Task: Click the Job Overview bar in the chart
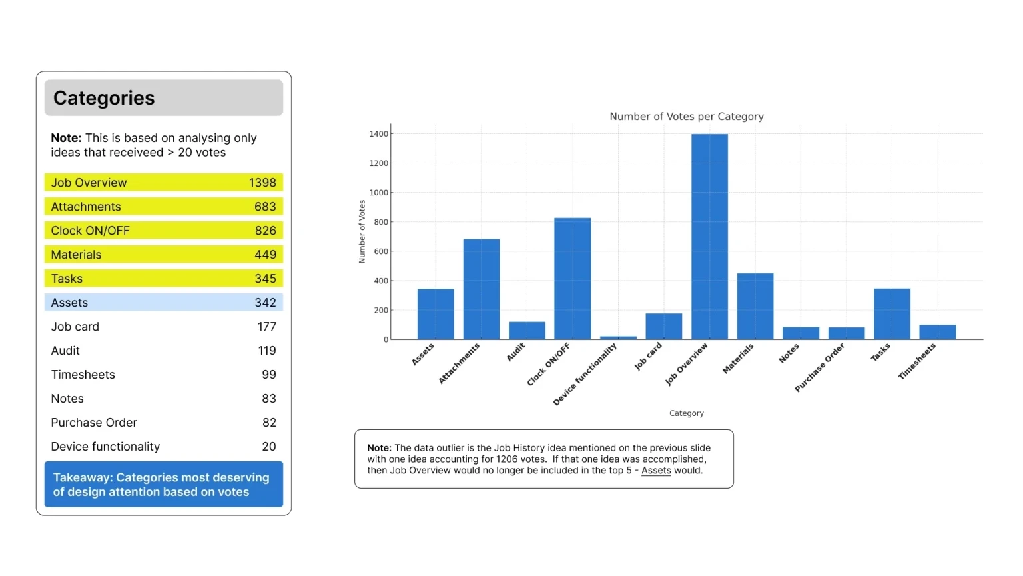(709, 237)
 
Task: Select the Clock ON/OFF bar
(572, 279)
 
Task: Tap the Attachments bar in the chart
(482, 289)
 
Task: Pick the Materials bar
(755, 306)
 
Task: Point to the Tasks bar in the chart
(892, 314)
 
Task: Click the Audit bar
(527, 331)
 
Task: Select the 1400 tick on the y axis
(378, 134)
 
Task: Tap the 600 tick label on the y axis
(380, 251)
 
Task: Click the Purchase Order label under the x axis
(819, 367)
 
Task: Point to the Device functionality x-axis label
(585, 374)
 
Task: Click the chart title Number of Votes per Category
(687, 117)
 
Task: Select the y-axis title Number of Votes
(362, 232)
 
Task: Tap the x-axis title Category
(687, 413)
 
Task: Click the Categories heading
(104, 98)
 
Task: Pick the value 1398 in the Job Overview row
(262, 183)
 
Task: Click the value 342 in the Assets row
(265, 303)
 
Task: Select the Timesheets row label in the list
(83, 375)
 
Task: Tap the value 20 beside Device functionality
(269, 447)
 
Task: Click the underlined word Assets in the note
(656, 471)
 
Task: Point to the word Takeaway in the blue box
(83, 477)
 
